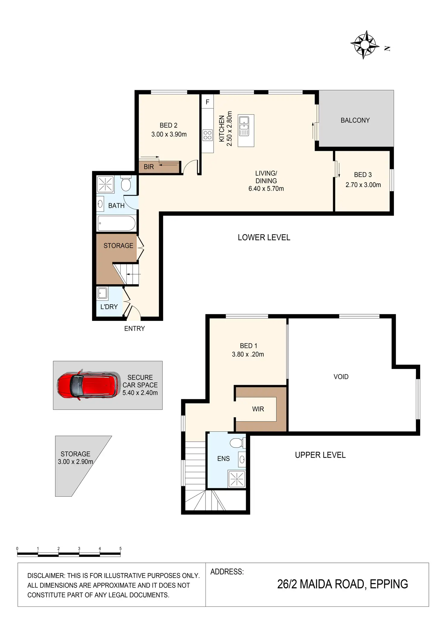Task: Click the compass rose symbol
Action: [365, 45]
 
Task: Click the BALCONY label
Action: [355, 120]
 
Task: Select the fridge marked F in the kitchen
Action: [207, 102]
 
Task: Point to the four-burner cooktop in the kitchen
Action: [207, 135]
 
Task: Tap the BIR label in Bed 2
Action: [149, 167]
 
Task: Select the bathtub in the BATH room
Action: [116, 223]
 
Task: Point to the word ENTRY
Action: [135, 329]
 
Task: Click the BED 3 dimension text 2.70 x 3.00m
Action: [363, 185]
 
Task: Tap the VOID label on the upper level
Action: [341, 377]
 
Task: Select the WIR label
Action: [258, 409]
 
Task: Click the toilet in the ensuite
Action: [238, 443]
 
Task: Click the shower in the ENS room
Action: [237, 479]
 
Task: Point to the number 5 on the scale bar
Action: [120, 548]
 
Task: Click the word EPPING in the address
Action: [389, 584]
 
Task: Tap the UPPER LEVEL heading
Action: [320, 455]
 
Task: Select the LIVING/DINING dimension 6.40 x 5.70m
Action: [266, 189]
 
